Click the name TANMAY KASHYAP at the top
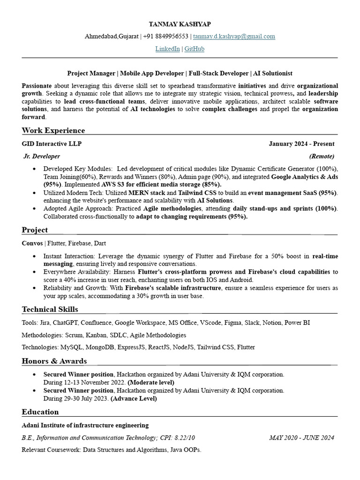tap(180, 24)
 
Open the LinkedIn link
tap(167, 49)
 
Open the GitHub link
tap(194, 49)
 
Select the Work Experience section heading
tap(53, 130)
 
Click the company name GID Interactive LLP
tap(48, 144)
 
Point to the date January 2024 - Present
tap(301, 144)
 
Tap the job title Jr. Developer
tap(42, 156)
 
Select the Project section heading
tap(35, 230)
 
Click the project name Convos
tap(32, 243)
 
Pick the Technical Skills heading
tap(50, 309)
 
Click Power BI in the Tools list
tap(297, 323)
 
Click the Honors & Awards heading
tap(54, 361)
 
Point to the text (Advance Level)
tap(134, 398)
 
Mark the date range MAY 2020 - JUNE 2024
tap(302, 437)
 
